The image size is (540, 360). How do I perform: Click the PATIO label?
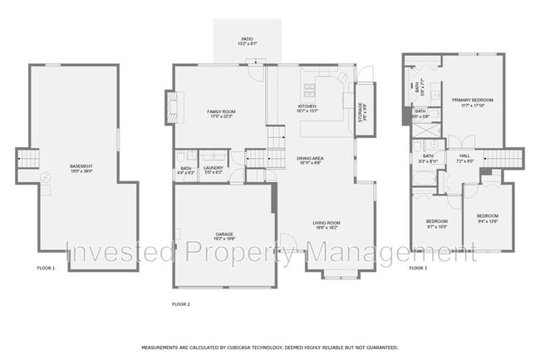(247, 40)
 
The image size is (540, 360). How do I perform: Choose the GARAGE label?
(223, 236)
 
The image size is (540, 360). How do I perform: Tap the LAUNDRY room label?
(214, 169)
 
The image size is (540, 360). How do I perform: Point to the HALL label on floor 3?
(464, 156)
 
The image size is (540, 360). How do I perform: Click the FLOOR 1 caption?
(46, 268)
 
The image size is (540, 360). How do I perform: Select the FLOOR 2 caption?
(181, 304)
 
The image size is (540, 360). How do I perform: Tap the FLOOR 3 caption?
(418, 268)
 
